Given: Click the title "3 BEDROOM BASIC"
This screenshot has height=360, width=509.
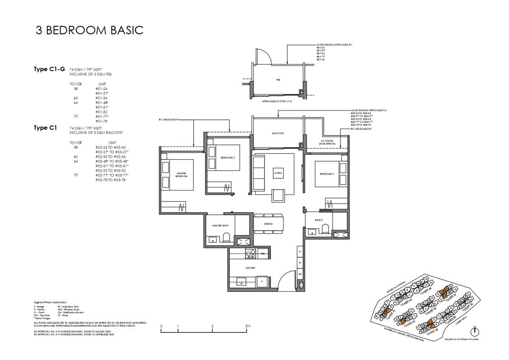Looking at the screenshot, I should coord(89,31).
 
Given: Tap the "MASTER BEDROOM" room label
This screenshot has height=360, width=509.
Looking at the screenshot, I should coord(181,175).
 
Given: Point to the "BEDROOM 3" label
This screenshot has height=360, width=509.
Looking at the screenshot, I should coord(326,174).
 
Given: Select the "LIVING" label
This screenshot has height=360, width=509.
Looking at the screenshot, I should coord(278,173).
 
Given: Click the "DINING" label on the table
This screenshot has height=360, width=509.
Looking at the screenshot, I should coord(268,224).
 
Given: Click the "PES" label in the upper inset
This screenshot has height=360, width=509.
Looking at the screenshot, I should coord(278,79).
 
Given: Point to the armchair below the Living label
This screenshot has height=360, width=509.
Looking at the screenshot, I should coord(278,195).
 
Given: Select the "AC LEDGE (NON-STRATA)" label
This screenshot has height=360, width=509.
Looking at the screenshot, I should coord(326,142).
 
